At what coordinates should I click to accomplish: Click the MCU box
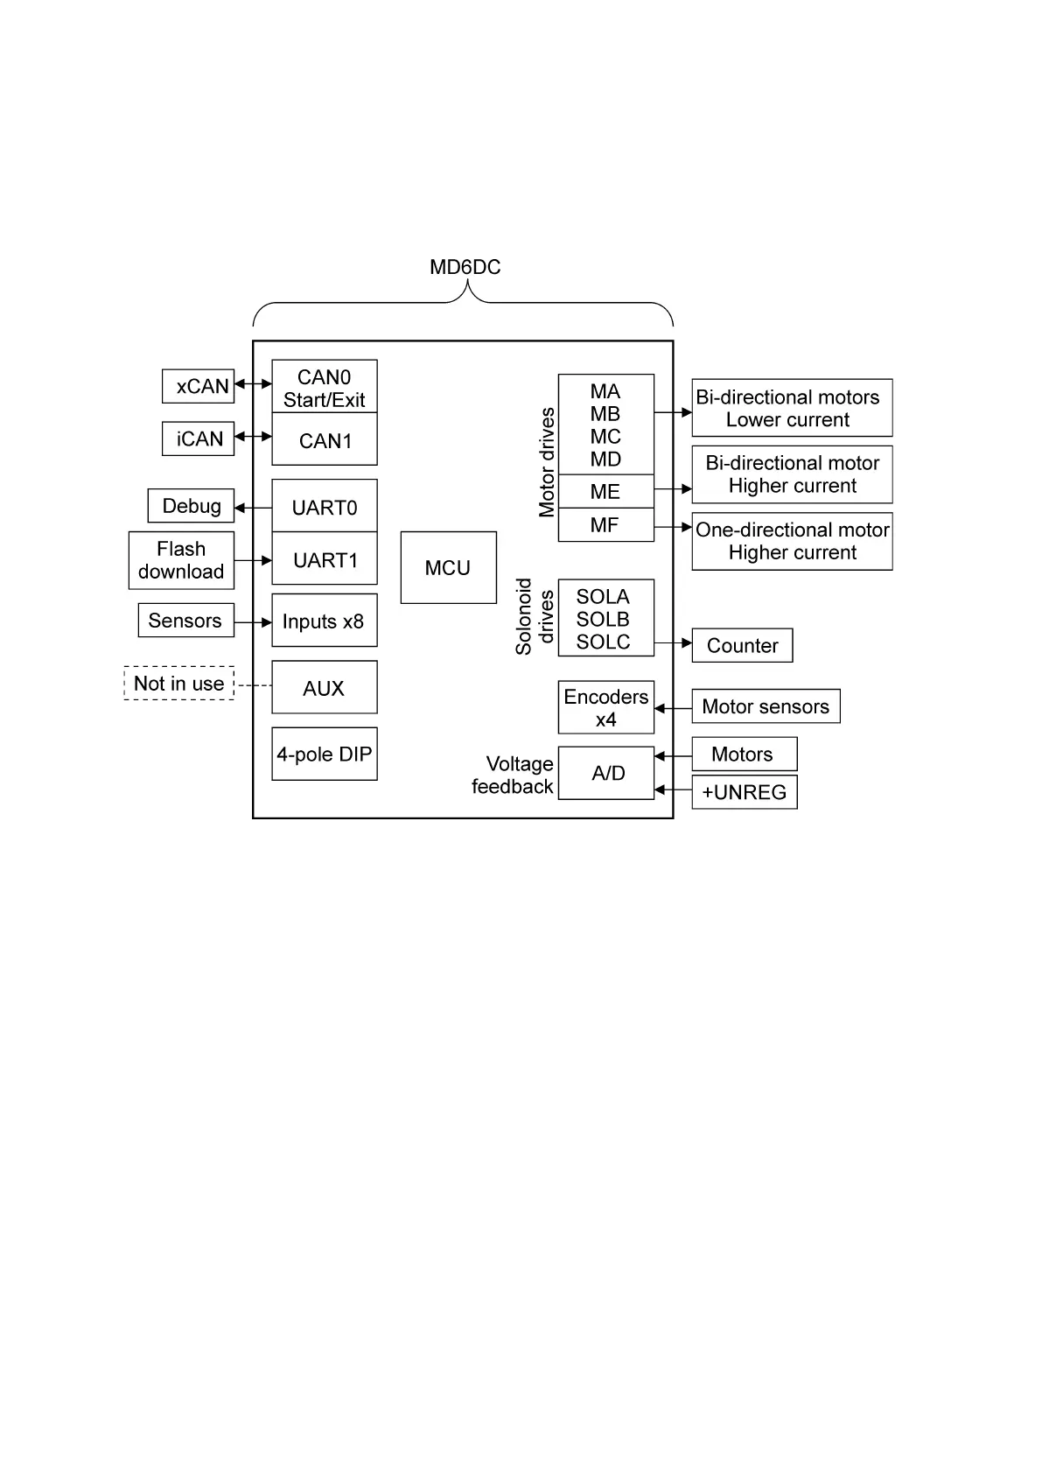pyautogui.click(x=448, y=567)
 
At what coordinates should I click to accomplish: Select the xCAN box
pyautogui.click(x=199, y=386)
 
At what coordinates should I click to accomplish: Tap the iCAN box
pyautogui.click(x=199, y=439)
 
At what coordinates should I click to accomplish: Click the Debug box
pyautogui.click(x=191, y=506)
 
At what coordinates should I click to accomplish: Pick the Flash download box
pyautogui.click(x=181, y=560)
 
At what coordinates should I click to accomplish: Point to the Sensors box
pyautogui.click(x=185, y=621)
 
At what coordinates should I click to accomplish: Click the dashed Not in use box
pyautogui.click(x=179, y=684)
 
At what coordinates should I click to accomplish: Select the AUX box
pyautogui.click(x=324, y=688)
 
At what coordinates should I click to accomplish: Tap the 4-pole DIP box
pyautogui.click(x=324, y=754)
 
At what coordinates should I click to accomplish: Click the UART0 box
pyautogui.click(x=324, y=507)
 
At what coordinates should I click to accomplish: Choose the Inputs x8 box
pyautogui.click(x=324, y=621)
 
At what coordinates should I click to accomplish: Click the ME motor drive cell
pyautogui.click(x=605, y=491)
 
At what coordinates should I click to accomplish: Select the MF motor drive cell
pyautogui.click(x=605, y=525)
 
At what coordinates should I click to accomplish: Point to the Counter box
pyautogui.click(x=742, y=645)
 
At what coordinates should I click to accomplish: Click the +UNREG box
pyautogui.click(x=744, y=792)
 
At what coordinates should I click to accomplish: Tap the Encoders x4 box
pyautogui.click(x=605, y=707)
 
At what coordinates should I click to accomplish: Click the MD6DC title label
pyautogui.click(x=465, y=267)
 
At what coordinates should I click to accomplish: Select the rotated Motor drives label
pyautogui.click(x=547, y=461)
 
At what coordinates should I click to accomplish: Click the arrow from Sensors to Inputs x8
pyautogui.click(x=253, y=622)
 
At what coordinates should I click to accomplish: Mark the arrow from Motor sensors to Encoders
pyautogui.click(x=673, y=708)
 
